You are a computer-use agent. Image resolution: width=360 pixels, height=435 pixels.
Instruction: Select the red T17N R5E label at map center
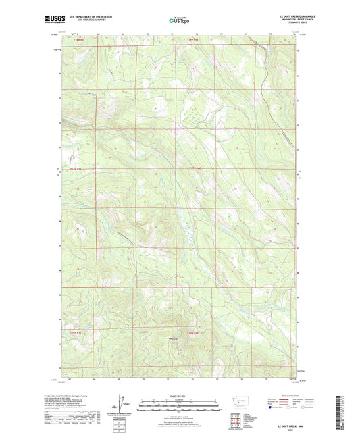pos(75,169)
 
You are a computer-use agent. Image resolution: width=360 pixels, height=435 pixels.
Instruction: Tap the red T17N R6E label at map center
pos(193,169)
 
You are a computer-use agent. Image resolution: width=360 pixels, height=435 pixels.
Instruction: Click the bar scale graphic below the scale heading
pos(180,407)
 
